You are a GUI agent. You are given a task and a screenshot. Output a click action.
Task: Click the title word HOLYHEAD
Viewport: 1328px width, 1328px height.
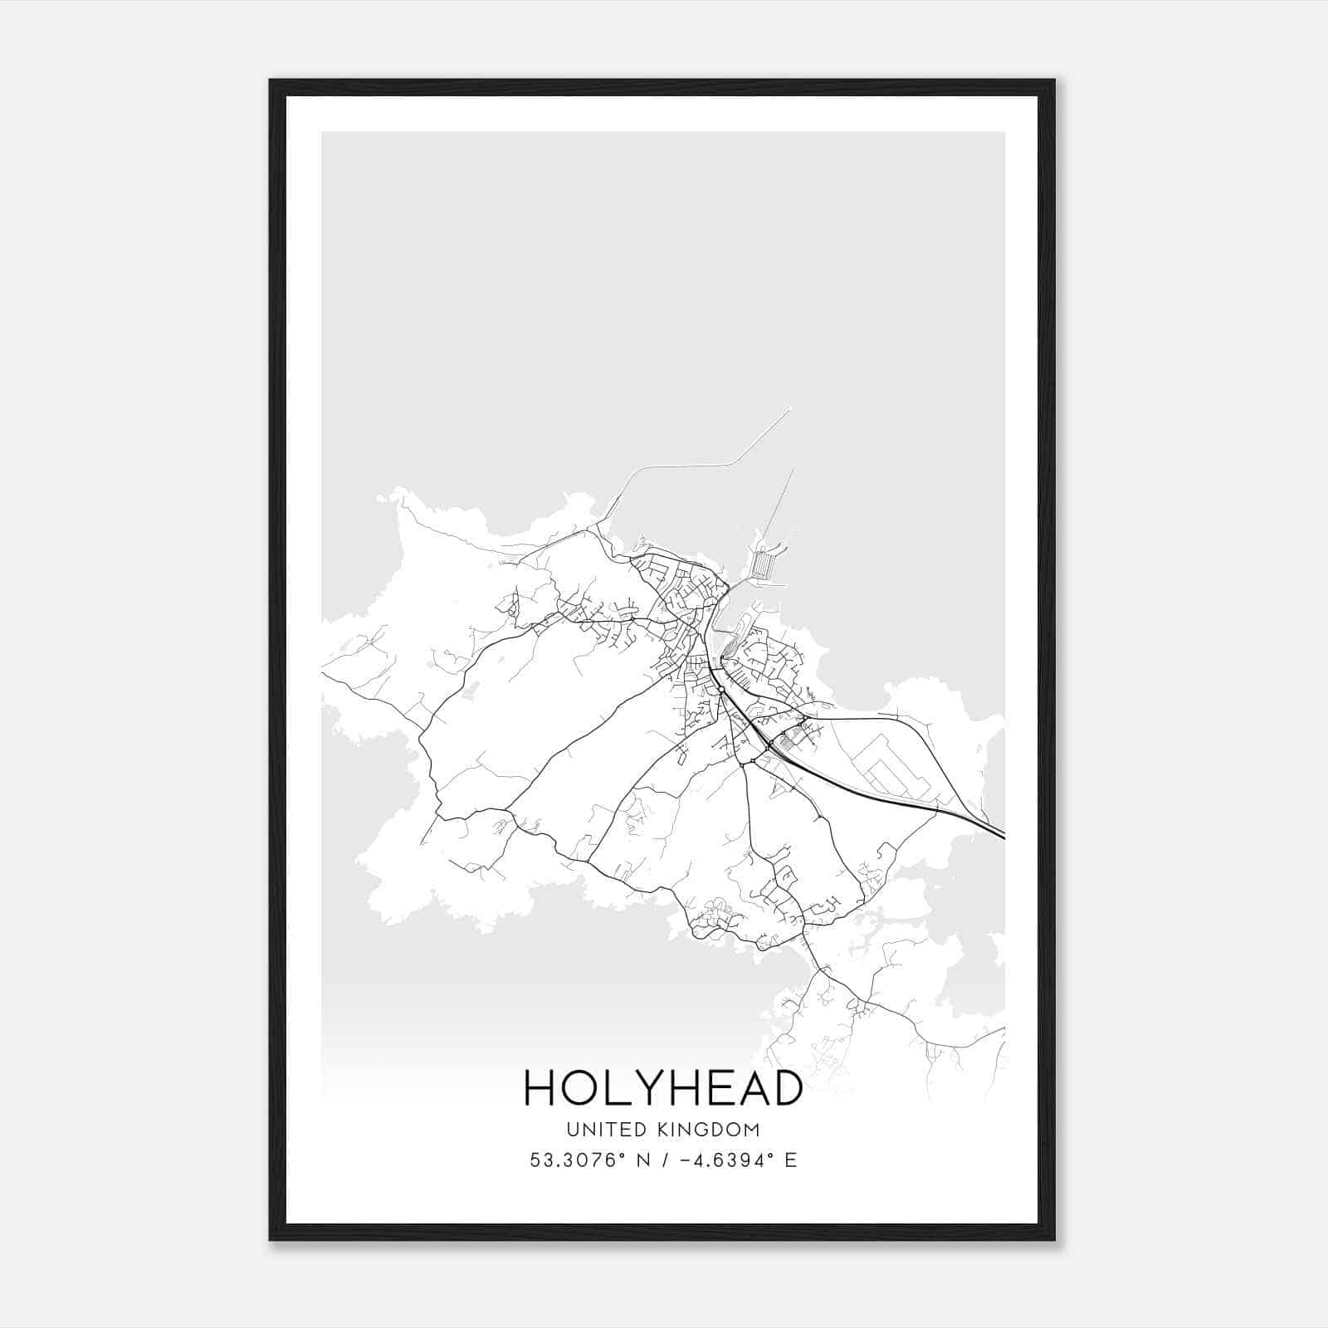(663, 1087)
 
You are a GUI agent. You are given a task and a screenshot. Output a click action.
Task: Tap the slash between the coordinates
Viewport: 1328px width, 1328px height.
(662, 1160)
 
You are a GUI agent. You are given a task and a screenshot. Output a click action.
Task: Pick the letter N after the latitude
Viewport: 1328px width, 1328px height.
(642, 1160)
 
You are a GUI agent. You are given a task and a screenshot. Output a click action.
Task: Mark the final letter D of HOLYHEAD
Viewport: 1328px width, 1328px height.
(785, 1087)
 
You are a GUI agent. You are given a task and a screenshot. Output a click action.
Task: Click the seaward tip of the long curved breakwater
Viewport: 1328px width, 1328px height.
(790, 409)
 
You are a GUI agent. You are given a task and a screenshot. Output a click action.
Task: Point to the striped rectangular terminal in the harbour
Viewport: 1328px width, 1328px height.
(763, 567)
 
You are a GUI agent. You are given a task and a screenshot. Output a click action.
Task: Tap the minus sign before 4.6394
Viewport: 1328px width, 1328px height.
(685, 1160)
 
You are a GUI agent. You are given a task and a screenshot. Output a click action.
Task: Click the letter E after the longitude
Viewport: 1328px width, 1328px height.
(790, 1160)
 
